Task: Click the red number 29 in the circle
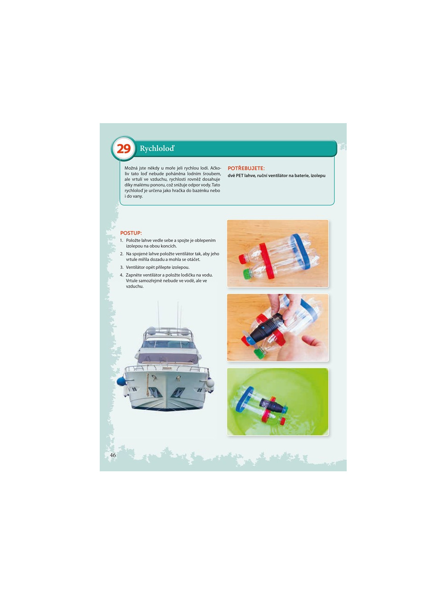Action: pyautogui.click(x=124, y=148)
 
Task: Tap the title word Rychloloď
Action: pyautogui.click(x=157, y=148)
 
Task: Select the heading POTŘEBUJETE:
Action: pyautogui.click(x=246, y=168)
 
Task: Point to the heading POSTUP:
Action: pyautogui.click(x=131, y=233)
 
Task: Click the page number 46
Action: pyautogui.click(x=113, y=455)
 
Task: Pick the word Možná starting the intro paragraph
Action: pyautogui.click(x=131, y=168)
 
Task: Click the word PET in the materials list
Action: pyautogui.click(x=240, y=176)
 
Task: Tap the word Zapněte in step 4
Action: pyautogui.click(x=133, y=275)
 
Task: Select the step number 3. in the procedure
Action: pyautogui.click(x=122, y=267)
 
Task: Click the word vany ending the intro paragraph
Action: pyautogui.click(x=137, y=196)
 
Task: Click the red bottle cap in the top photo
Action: pyautogui.click(x=243, y=259)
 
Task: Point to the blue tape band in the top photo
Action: pyautogui.click(x=300, y=252)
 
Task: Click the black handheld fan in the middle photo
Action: pyautogui.click(x=266, y=328)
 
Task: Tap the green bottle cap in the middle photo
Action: pyautogui.click(x=260, y=353)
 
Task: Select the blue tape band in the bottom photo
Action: pyautogui.click(x=244, y=399)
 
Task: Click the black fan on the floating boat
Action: pyautogui.click(x=272, y=405)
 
